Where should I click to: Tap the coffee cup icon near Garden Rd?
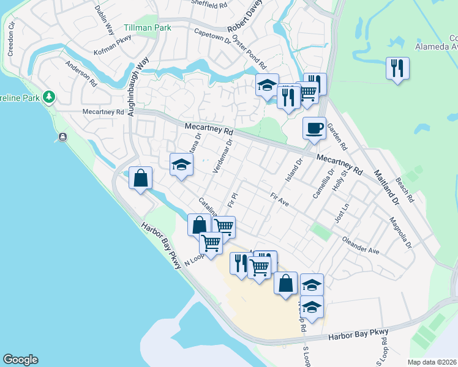point(314,128)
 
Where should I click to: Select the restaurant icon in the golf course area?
point(397,69)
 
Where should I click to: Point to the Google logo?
point(20,360)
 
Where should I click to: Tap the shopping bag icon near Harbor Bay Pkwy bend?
point(141,179)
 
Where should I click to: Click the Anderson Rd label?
point(81,74)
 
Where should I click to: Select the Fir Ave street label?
point(279,199)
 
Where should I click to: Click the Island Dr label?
point(295,171)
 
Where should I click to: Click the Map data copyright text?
point(432,362)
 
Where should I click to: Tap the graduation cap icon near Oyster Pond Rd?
point(267,86)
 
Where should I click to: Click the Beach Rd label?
point(404,190)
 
